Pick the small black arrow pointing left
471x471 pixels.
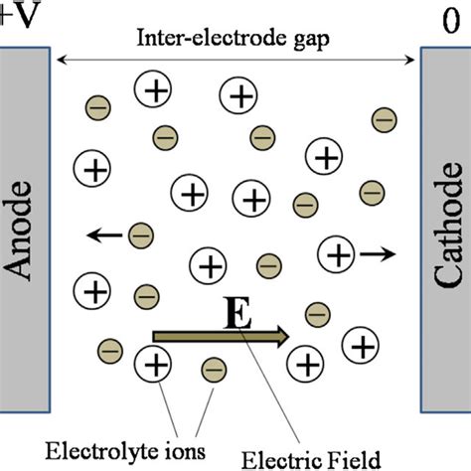click(101, 235)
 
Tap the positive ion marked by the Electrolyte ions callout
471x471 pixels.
click(154, 364)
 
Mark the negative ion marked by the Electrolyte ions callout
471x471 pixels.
click(213, 370)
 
